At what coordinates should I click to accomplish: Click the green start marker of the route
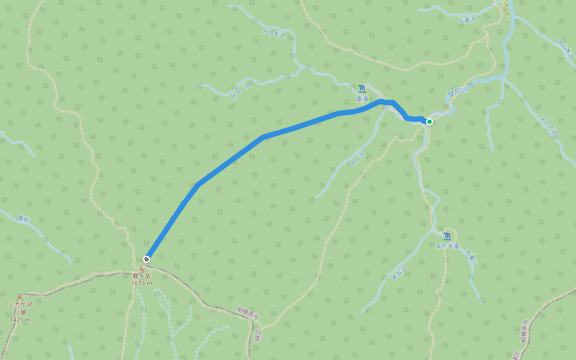click(x=430, y=122)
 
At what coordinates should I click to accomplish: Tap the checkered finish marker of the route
click(x=146, y=259)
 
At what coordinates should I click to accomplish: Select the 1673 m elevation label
click(x=143, y=283)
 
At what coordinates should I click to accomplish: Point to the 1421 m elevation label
click(x=20, y=320)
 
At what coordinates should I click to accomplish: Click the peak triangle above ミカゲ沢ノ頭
click(x=20, y=297)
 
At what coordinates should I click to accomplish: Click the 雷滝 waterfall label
click(x=361, y=98)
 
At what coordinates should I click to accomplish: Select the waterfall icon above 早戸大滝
click(x=447, y=236)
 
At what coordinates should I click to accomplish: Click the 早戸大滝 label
click(x=447, y=246)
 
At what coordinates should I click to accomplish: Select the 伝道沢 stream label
click(x=466, y=20)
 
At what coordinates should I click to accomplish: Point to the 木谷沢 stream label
click(x=399, y=273)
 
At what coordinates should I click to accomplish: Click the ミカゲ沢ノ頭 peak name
click(x=20, y=308)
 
